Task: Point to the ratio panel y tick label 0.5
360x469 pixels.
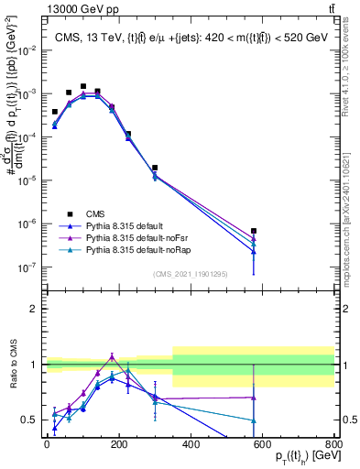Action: click(29, 420)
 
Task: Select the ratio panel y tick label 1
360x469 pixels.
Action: click(33, 365)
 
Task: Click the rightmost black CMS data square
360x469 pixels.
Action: click(253, 231)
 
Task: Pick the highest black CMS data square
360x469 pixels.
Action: click(83, 86)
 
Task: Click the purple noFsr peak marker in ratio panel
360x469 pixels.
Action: click(112, 357)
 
